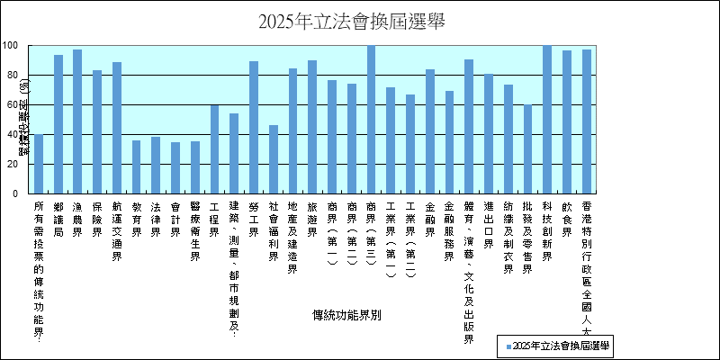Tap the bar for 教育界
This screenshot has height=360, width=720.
pyautogui.click(x=136, y=166)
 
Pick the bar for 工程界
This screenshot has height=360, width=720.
pyautogui.click(x=214, y=149)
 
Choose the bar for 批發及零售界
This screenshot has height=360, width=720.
pyautogui.click(x=527, y=149)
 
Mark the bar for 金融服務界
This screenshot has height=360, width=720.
pyautogui.click(x=449, y=142)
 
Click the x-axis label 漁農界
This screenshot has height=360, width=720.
pyautogui.click(x=78, y=220)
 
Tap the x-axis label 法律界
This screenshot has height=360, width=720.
pyautogui.click(x=156, y=220)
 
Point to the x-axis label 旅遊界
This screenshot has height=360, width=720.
pyautogui.click(x=312, y=220)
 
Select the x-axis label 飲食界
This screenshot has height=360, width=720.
pyautogui.click(x=567, y=220)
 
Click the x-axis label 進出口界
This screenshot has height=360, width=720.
pyautogui.click(x=489, y=226)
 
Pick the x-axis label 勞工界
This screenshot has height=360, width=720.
pyautogui.click(x=254, y=220)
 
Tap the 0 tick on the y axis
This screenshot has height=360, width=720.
pyautogui.click(x=15, y=193)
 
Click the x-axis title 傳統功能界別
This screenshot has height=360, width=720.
pyautogui.click(x=347, y=316)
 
